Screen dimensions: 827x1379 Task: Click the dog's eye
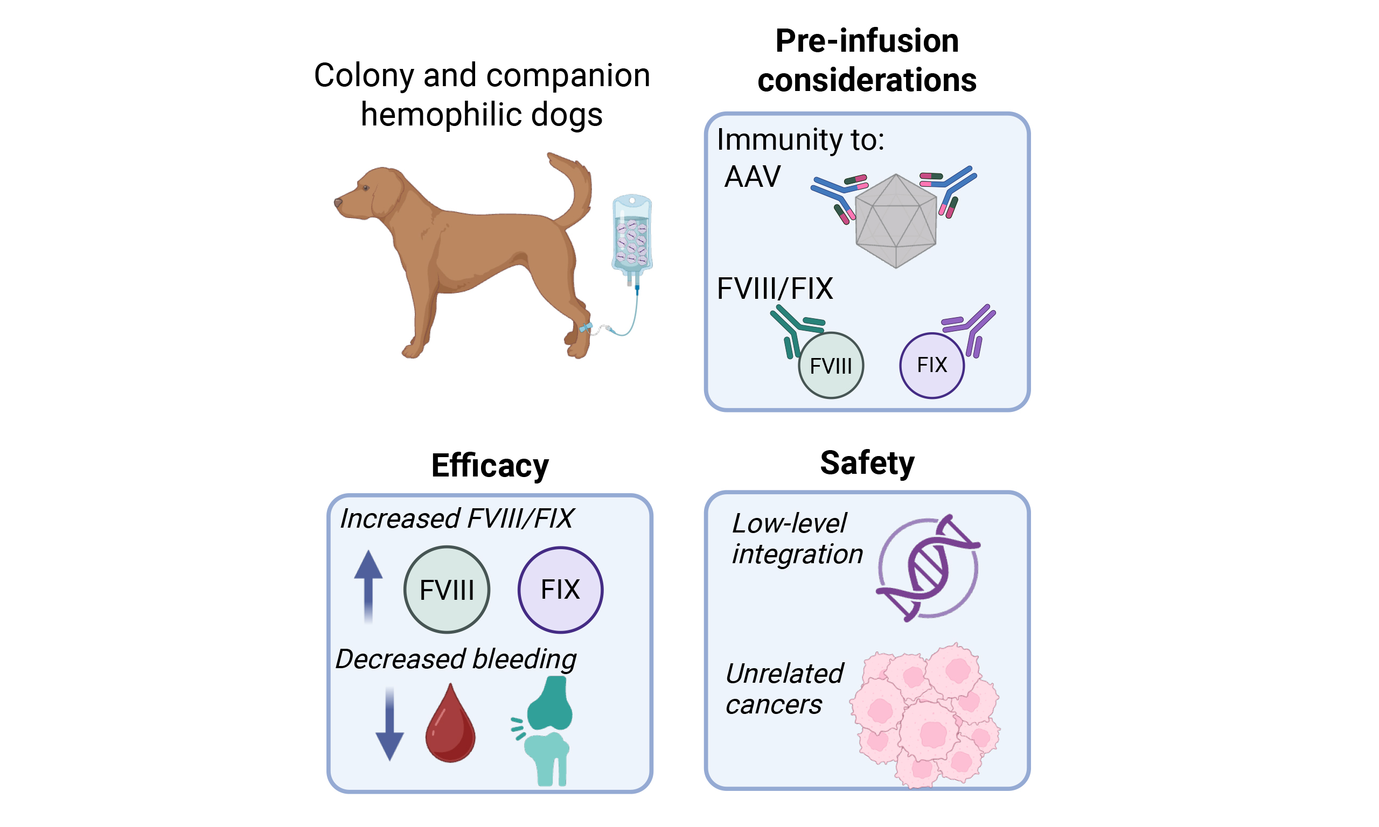(366, 188)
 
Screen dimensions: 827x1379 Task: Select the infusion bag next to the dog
(631, 237)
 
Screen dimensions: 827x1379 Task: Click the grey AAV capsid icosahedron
(895, 221)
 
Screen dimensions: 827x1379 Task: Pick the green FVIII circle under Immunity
(831, 366)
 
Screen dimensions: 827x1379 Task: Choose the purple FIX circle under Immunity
(931, 366)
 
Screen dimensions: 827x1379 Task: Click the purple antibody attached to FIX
(973, 329)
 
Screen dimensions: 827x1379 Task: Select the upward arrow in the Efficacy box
(368, 585)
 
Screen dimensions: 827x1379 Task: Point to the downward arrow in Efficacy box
(389, 725)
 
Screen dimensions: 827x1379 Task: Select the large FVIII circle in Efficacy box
(447, 590)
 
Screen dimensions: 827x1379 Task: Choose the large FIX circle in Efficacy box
(560, 590)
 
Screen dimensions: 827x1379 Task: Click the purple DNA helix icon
(928, 569)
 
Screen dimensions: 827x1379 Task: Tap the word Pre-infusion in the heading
(867, 41)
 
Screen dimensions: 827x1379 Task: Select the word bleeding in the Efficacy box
(525, 660)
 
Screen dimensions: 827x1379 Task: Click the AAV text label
(752, 177)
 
